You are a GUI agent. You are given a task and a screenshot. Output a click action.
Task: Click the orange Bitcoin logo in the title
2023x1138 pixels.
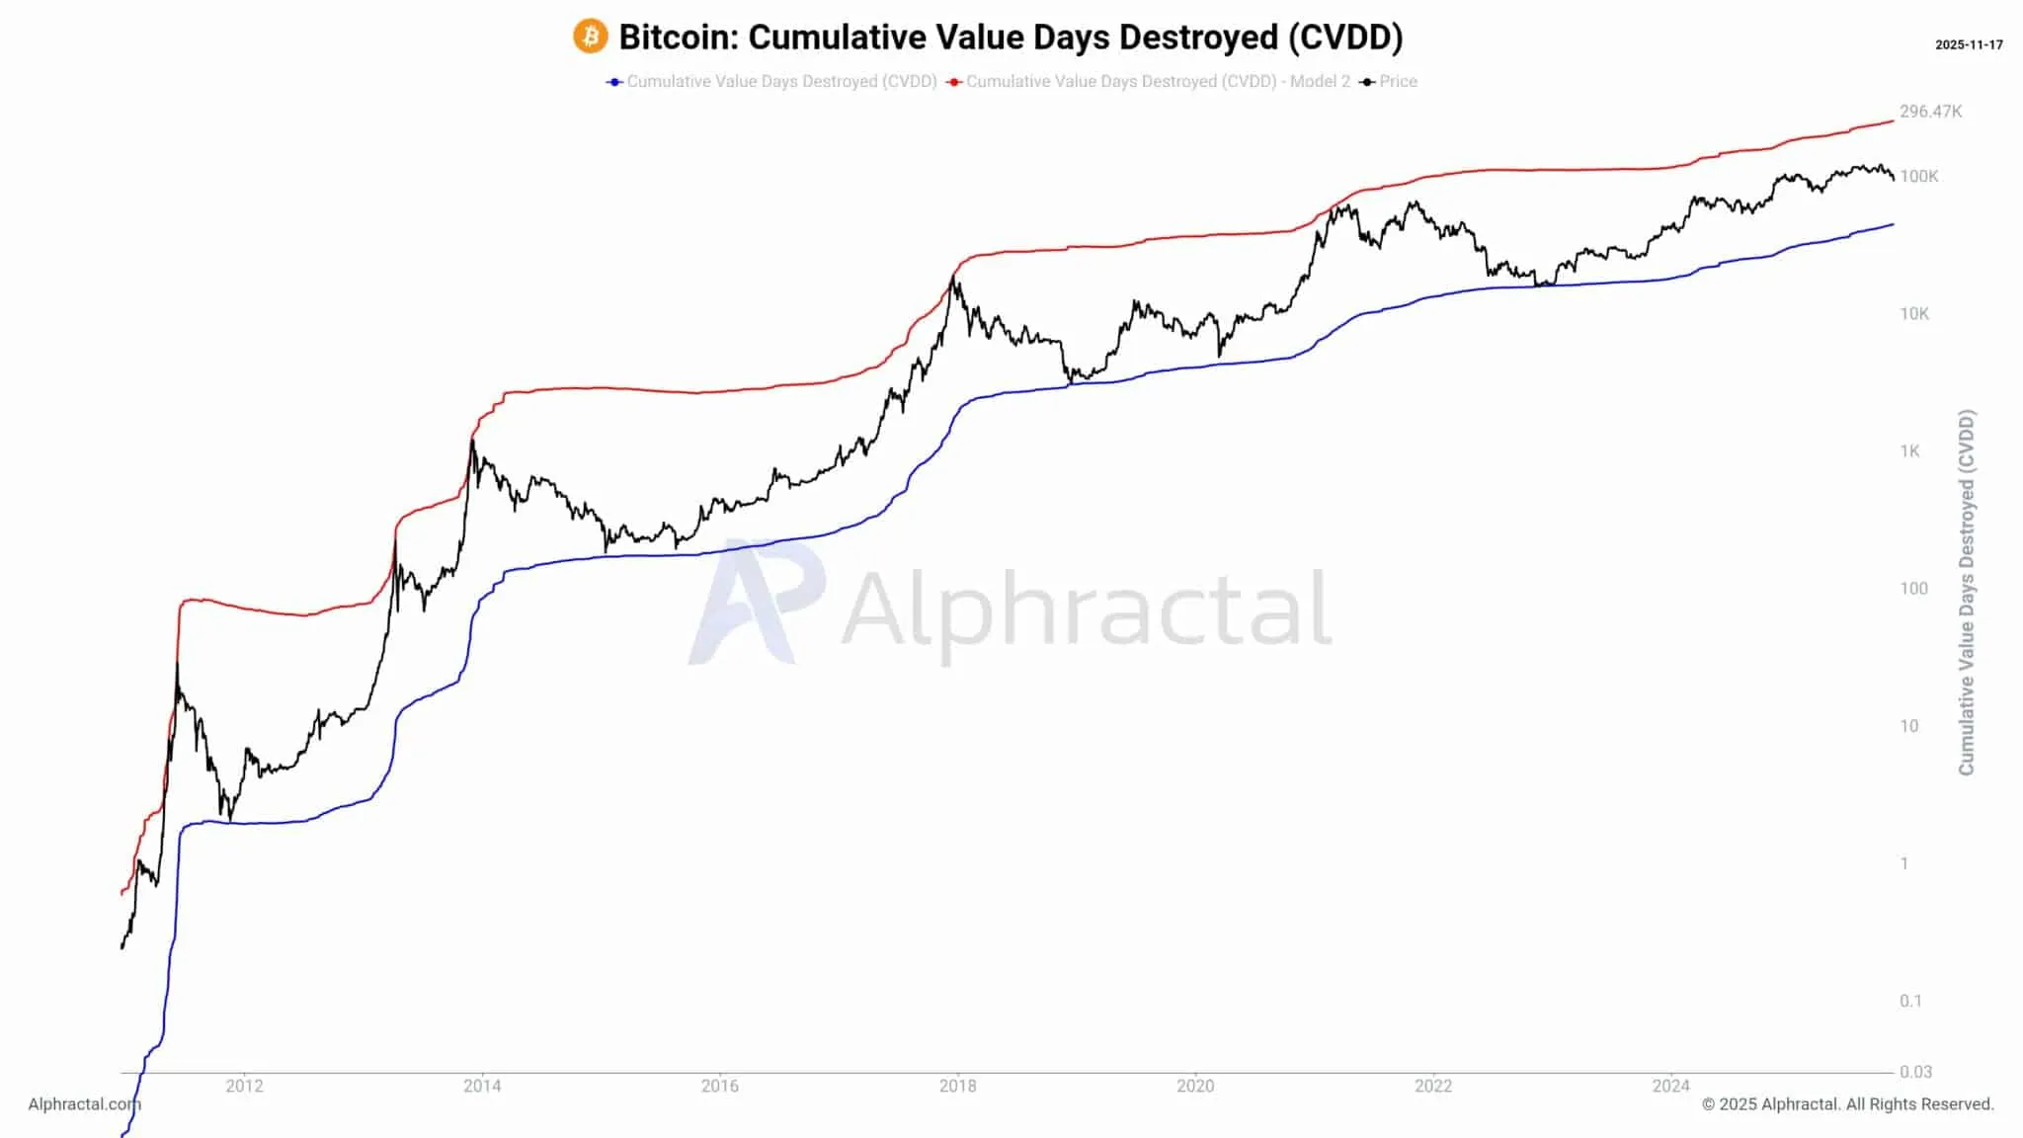pos(590,37)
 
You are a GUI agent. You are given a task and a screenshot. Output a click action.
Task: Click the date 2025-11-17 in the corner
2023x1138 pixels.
pos(1968,44)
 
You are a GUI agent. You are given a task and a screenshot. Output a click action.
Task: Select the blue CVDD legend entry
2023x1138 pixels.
pos(772,81)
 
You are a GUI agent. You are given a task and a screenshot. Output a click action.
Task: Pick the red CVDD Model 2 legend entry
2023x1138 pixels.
pos(1149,81)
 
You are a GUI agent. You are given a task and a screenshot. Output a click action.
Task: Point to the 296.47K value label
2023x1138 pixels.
pos(1930,112)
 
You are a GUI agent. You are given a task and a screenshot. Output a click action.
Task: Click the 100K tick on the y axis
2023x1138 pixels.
pos(1918,176)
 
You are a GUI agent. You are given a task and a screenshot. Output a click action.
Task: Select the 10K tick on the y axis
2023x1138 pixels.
pos(1913,313)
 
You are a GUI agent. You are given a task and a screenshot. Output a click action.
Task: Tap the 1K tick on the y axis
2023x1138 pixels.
pos(1909,450)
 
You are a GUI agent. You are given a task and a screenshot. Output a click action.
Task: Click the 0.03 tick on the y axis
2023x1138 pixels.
pos(1914,1071)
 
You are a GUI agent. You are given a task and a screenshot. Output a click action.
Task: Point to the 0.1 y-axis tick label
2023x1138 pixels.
pos(1910,1001)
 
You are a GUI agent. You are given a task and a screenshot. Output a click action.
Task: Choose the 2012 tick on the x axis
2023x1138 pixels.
pos(244,1086)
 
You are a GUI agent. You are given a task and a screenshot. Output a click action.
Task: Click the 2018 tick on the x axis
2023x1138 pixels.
pos(957,1086)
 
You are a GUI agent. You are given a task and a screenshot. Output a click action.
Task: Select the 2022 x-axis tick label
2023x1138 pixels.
pos(1432,1086)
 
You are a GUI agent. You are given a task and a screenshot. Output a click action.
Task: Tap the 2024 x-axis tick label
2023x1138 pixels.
pos(1670,1086)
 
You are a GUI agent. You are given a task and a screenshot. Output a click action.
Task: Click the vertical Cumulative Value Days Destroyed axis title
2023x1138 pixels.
pos(1966,593)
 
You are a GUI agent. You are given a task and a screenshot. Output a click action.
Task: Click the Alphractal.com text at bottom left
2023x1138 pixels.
pos(84,1103)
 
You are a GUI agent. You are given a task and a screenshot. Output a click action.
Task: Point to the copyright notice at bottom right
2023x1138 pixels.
pos(1847,1103)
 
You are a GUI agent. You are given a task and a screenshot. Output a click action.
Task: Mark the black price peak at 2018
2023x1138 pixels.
pos(953,278)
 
